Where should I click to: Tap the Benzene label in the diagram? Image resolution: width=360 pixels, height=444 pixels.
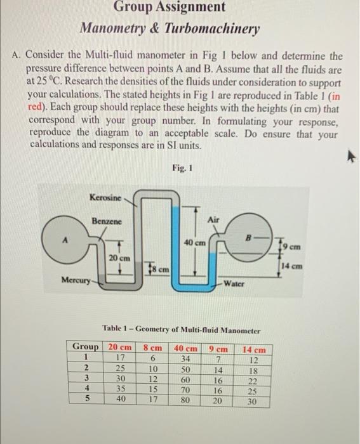(106, 222)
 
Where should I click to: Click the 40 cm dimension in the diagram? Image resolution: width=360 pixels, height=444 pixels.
(194, 243)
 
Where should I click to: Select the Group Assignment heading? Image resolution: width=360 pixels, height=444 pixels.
(169, 8)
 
